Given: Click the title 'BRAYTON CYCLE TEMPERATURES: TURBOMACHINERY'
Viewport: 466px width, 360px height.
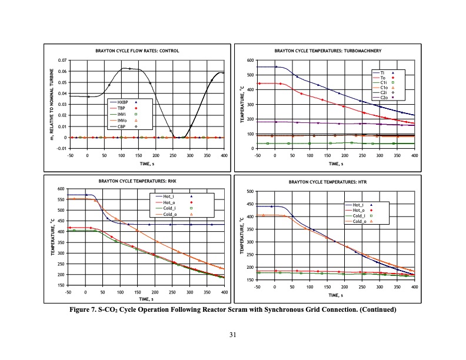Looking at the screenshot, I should pos(325,51).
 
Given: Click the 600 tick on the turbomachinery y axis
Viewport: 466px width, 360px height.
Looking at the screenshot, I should pos(249,61).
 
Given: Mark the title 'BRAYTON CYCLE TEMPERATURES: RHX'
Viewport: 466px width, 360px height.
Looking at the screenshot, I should pos(138,182).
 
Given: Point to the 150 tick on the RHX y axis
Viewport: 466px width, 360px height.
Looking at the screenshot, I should pos(61,285).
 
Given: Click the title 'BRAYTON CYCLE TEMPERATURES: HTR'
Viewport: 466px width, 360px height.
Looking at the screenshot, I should pos(325,183).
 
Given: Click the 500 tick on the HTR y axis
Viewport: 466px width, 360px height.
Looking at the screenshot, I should pos(249,191).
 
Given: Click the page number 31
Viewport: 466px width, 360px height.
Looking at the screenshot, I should pos(233,335).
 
